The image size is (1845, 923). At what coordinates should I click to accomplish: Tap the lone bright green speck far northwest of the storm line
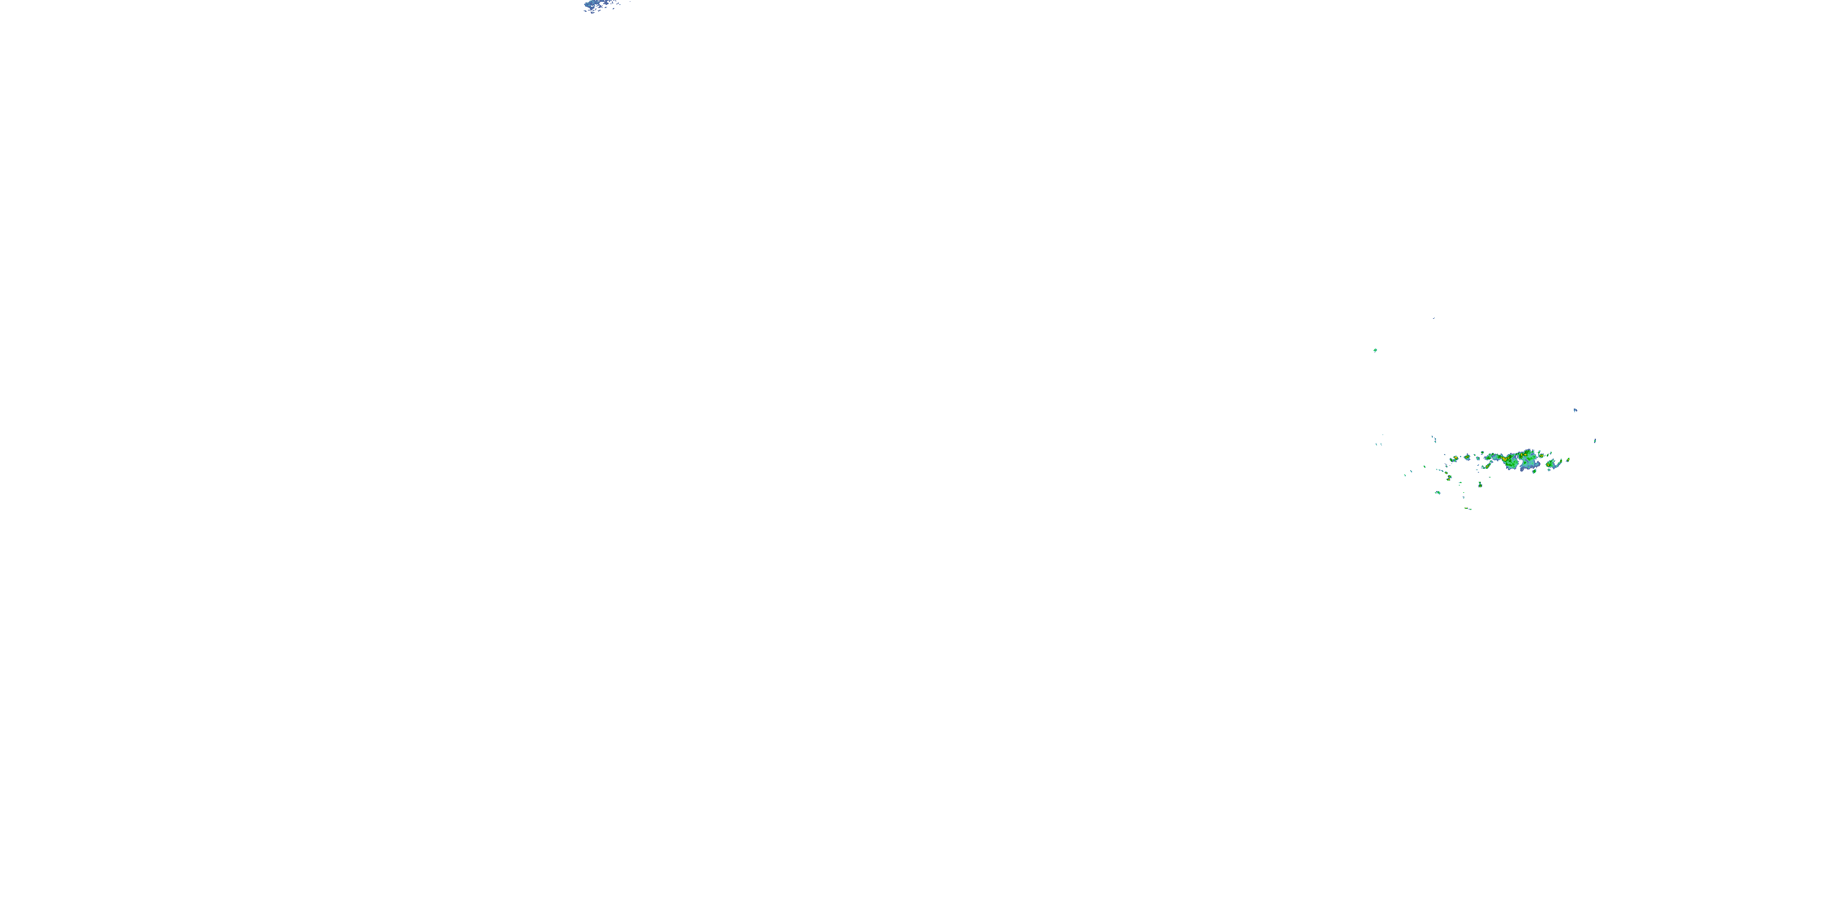[1375, 350]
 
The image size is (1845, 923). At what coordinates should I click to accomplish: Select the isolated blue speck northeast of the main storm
[1576, 410]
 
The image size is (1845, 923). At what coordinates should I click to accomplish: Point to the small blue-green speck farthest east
[1595, 441]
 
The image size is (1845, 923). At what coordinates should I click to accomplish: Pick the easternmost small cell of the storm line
[1568, 460]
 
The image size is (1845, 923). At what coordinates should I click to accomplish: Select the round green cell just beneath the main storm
[1534, 471]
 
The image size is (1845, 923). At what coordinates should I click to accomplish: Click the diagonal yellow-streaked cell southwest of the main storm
[1488, 466]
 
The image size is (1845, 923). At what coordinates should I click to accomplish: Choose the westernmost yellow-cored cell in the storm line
[1456, 458]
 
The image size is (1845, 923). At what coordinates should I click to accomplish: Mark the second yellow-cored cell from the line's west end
[1467, 457]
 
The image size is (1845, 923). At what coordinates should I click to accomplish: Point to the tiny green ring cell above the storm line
[1483, 452]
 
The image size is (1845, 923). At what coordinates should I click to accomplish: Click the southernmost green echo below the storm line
[1467, 508]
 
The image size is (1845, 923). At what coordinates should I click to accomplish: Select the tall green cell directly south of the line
[1480, 485]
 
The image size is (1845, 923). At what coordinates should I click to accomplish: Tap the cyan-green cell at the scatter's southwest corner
[1439, 492]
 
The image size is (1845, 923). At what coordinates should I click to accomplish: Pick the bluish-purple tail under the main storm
[1523, 469]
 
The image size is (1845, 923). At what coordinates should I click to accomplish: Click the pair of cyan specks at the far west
[1379, 444]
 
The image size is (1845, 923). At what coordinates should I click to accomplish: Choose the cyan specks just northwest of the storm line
[1435, 439]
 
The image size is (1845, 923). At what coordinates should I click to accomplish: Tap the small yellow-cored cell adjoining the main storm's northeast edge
[1541, 456]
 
